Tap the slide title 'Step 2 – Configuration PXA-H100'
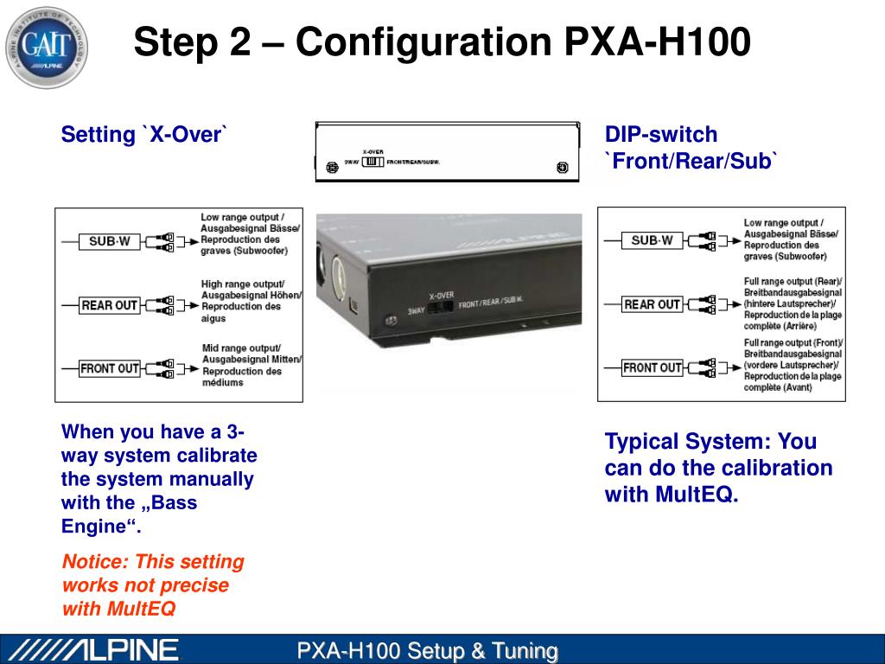[442, 41]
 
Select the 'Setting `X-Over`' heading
[144, 135]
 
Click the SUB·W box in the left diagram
[109, 241]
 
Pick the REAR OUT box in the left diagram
[109, 305]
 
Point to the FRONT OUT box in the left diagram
[109, 368]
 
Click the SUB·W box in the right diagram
[652, 240]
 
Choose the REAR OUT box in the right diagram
[652, 304]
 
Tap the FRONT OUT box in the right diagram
[652, 367]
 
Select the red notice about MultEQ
[153, 585]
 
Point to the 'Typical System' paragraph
[718, 468]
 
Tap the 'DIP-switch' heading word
[661, 135]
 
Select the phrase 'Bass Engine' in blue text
[129, 514]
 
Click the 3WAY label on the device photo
[417, 310]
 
